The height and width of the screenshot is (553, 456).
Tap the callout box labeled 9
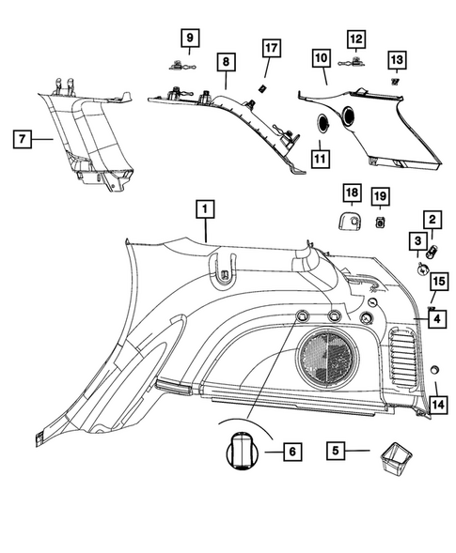[x=191, y=38]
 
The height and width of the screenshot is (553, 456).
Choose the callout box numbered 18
[x=351, y=194]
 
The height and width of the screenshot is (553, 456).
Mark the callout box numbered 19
[x=380, y=195]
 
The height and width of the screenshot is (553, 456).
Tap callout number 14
[x=437, y=405]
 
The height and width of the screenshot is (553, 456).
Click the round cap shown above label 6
[x=242, y=452]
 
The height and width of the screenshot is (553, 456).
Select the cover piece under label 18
[x=354, y=222]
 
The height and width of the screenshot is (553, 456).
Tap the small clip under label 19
[x=380, y=222]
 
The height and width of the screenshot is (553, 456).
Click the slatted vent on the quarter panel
[x=405, y=353]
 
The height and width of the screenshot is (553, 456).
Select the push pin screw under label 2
[x=432, y=251]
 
